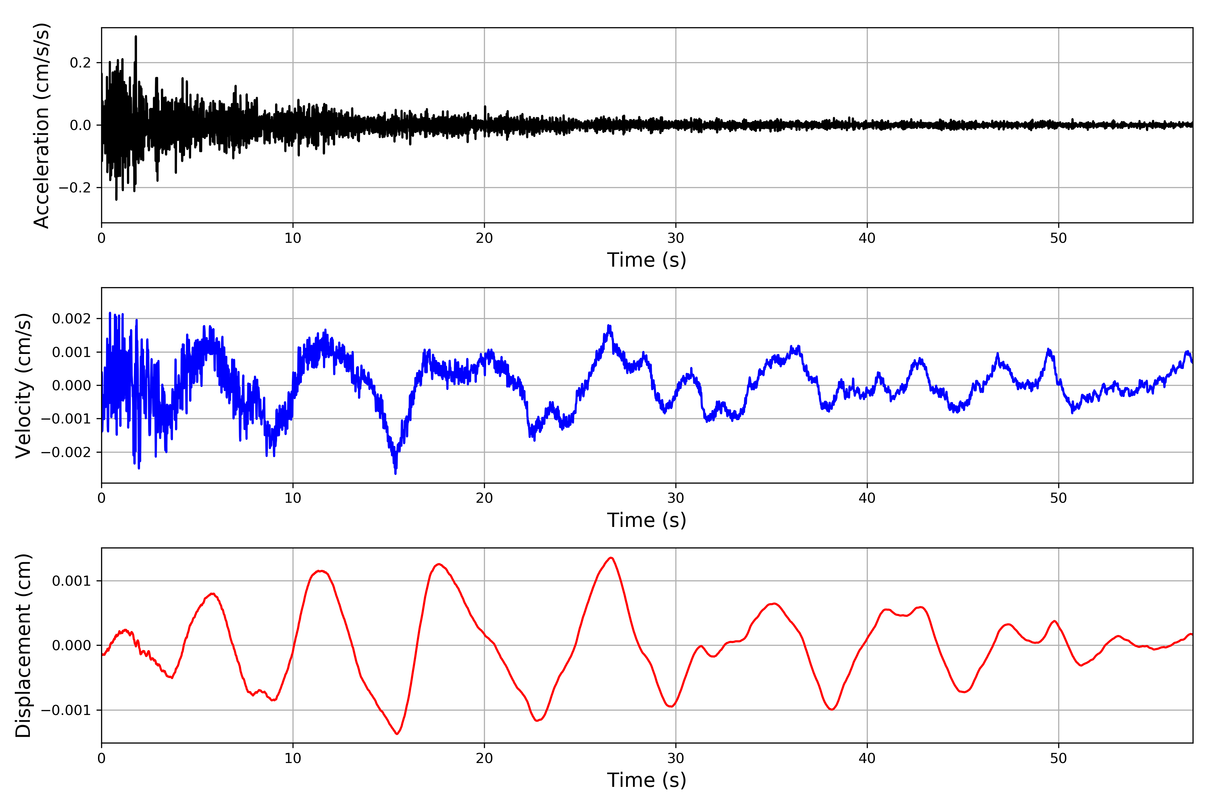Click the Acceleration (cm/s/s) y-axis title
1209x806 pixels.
(41, 125)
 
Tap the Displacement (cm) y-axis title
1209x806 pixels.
(24, 645)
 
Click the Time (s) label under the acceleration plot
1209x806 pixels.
(647, 260)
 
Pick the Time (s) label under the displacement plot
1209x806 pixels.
(647, 780)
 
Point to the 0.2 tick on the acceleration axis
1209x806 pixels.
(80, 63)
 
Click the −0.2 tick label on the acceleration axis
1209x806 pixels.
(75, 188)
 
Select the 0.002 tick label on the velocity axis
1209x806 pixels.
(72, 319)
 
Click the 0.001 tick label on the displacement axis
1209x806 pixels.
(72, 581)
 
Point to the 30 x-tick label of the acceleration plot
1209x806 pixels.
(675, 238)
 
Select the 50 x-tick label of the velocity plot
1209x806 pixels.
(1059, 498)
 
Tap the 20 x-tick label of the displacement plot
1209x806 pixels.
(484, 758)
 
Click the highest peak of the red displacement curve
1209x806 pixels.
(611, 558)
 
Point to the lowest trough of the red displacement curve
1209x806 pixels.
(397, 733)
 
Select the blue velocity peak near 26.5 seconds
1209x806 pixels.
(609, 325)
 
